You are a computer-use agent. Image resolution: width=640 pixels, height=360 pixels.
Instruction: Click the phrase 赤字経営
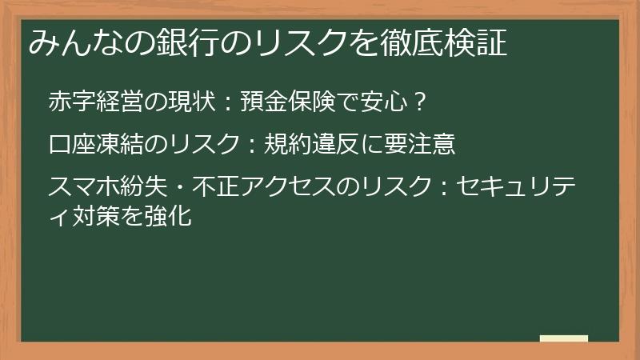pos(94,102)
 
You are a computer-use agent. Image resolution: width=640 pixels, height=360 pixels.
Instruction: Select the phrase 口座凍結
pos(94,144)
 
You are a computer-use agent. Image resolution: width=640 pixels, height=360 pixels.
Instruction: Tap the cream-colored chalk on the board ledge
pos(563,339)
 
